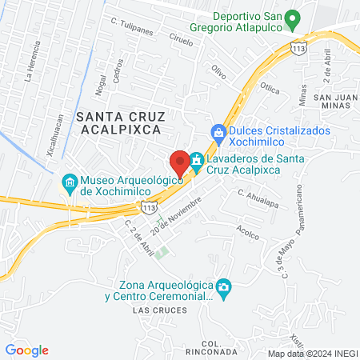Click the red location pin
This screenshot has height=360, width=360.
coord(180,162)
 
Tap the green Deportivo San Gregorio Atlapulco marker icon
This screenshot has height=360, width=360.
coord(293,18)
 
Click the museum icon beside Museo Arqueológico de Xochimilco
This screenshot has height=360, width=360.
coord(70,183)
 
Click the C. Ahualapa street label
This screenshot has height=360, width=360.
coord(256,192)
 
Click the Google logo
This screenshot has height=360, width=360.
coord(27,350)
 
